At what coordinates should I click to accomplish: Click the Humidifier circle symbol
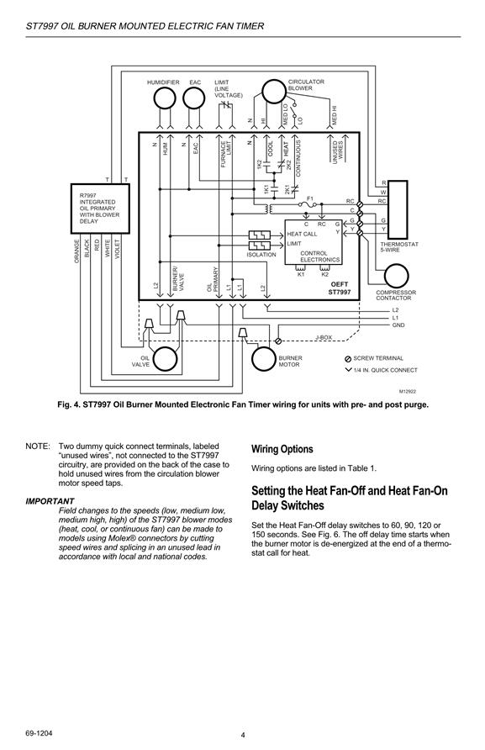click(x=165, y=98)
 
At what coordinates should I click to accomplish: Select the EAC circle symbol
click(x=193, y=98)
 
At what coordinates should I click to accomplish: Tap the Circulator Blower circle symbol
click(x=273, y=92)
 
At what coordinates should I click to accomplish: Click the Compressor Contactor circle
click(x=397, y=276)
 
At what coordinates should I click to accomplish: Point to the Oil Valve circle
click(x=165, y=359)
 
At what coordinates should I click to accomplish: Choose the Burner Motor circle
click(x=264, y=359)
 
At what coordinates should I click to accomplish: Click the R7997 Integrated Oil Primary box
click(x=100, y=208)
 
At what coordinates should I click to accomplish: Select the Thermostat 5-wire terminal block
click(x=398, y=209)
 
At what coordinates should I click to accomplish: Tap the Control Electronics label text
click(x=320, y=256)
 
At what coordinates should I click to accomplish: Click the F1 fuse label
click(x=309, y=198)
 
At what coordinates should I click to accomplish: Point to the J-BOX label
click(x=324, y=337)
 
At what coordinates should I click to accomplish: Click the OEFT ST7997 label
click(x=340, y=288)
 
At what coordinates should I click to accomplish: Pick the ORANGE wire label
click(x=76, y=251)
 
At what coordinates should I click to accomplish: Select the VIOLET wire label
click(x=118, y=248)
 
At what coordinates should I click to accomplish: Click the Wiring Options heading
click(x=282, y=449)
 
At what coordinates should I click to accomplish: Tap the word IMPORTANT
click(x=50, y=501)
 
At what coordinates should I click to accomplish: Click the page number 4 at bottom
click(x=243, y=735)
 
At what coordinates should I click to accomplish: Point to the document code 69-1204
click(x=39, y=733)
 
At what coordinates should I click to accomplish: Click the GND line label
click(x=398, y=325)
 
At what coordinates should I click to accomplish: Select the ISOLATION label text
click(x=261, y=255)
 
